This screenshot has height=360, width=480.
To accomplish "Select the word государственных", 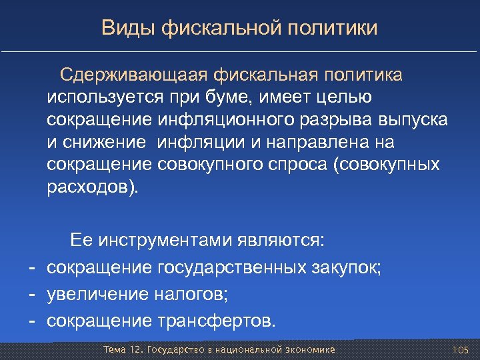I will pos(232,267).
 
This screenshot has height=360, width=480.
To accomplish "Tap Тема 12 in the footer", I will pos(123,350).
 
